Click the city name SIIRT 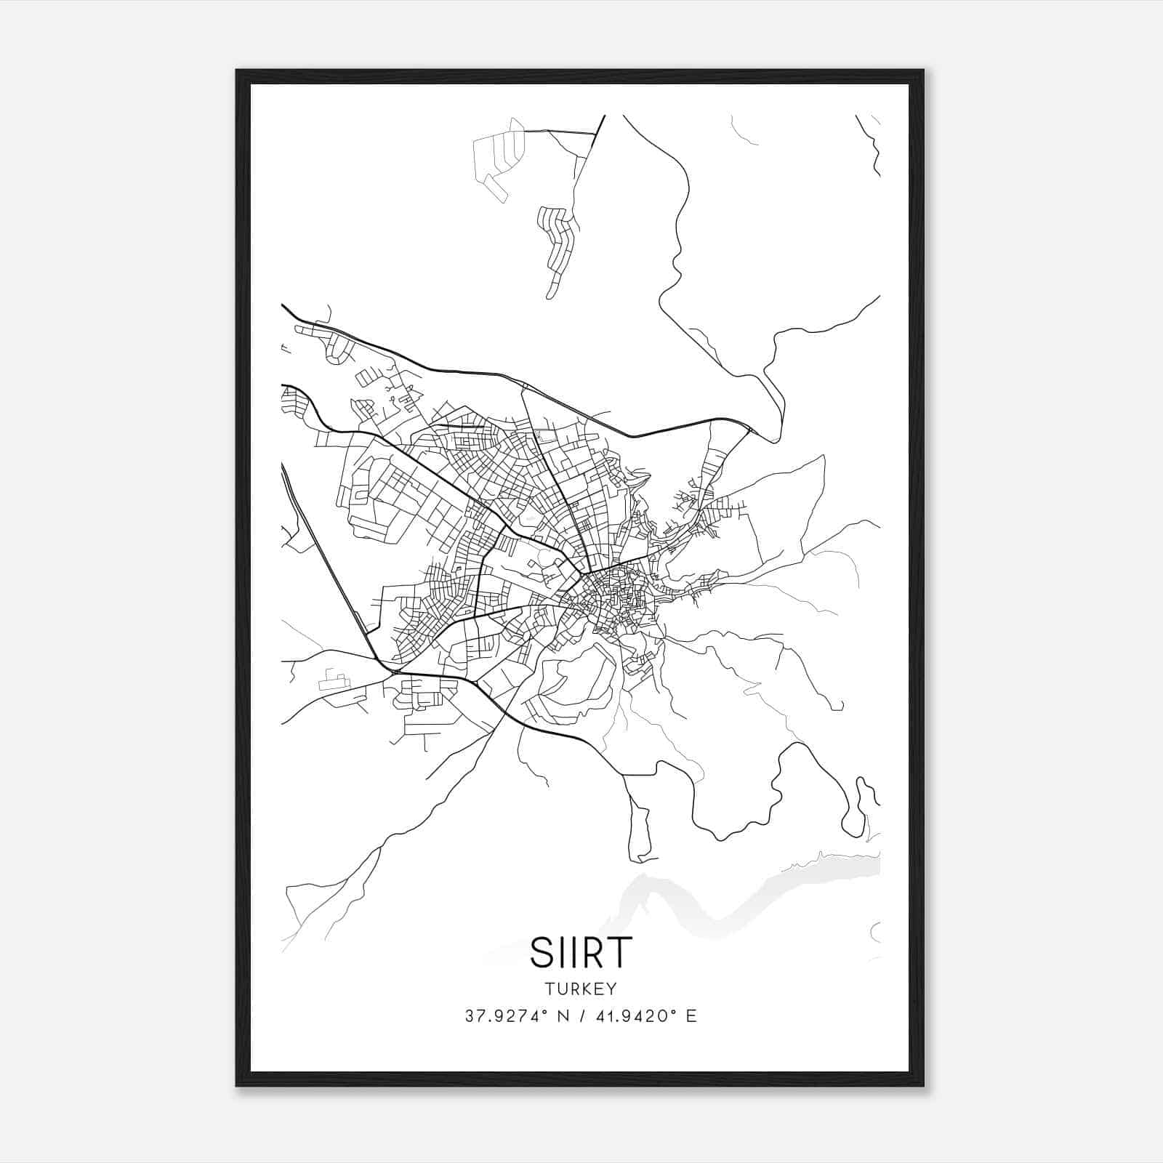click(x=581, y=951)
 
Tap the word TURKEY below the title click(x=581, y=989)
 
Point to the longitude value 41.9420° click(x=635, y=1016)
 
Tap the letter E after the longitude click(x=691, y=1016)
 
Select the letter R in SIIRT click(x=594, y=951)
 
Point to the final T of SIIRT click(x=620, y=951)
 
